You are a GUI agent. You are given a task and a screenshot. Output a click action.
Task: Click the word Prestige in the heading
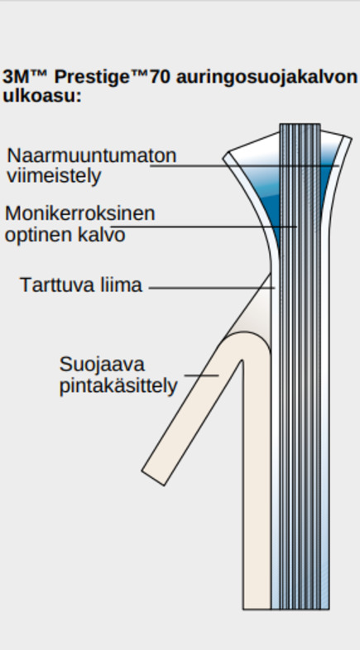pyautogui.click(x=92, y=78)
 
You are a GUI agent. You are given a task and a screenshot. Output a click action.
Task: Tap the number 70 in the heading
pyautogui.click(x=159, y=77)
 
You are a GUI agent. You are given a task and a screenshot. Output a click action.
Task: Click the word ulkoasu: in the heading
pyautogui.click(x=42, y=96)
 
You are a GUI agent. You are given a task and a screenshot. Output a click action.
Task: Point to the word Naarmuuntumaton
pyautogui.click(x=92, y=155)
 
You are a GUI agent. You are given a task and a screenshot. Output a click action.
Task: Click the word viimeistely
pyautogui.click(x=54, y=176)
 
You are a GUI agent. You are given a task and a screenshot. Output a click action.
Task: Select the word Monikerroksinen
pyautogui.click(x=80, y=213)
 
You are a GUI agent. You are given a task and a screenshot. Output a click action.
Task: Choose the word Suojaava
pyautogui.click(x=102, y=365)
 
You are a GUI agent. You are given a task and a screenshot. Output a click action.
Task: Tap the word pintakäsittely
pyautogui.click(x=118, y=387)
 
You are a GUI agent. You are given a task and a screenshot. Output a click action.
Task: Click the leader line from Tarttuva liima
pyautogui.click(x=212, y=287)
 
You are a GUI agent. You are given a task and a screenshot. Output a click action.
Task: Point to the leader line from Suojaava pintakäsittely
pyautogui.click(x=202, y=375)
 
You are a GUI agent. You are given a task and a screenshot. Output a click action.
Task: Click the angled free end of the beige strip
pyautogui.click(x=153, y=478)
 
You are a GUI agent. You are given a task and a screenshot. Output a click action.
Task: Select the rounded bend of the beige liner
pyautogui.click(x=245, y=338)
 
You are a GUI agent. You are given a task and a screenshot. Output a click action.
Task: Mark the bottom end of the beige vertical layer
pyautogui.click(x=257, y=609)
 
